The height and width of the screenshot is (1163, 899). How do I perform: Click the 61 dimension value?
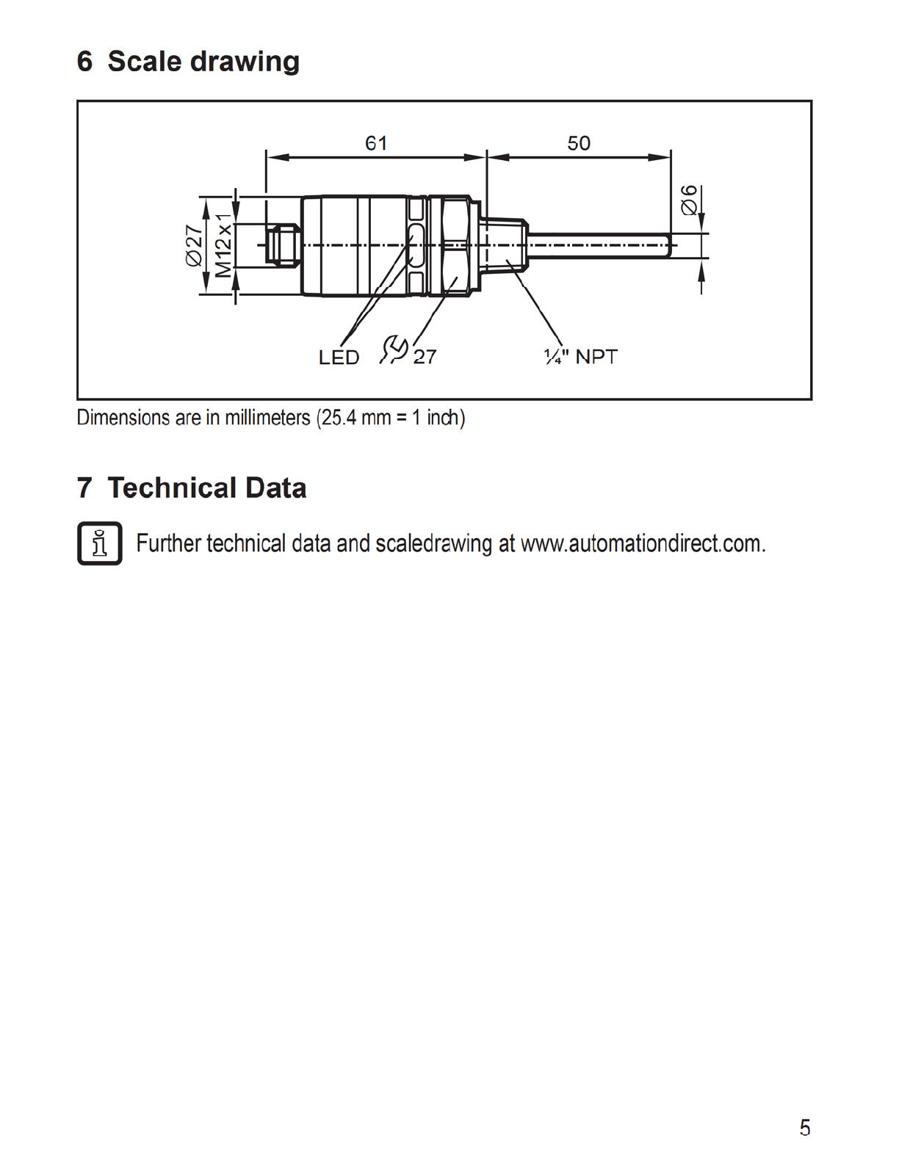(x=376, y=142)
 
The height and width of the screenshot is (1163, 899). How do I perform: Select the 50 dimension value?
(x=579, y=142)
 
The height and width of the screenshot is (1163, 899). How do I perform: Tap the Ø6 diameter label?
(x=690, y=199)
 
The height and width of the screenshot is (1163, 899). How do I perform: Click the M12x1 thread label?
(x=223, y=245)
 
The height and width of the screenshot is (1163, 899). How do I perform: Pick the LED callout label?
(x=339, y=358)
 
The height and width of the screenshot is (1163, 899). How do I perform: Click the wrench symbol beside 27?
(x=394, y=349)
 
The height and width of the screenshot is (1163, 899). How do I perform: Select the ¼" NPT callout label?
(x=580, y=357)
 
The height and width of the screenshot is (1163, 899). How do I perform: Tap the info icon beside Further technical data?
(x=99, y=543)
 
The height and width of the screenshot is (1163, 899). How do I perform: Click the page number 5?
(x=805, y=1127)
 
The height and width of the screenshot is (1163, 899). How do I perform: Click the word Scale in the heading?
(x=144, y=62)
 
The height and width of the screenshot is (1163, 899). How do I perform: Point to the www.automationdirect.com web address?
(x=643, y=544)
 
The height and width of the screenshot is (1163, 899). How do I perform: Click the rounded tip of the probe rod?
(x=668, y=245)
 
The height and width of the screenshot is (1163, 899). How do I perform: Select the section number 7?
(x=84, y=488)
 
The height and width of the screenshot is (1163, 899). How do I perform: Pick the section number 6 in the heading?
(x=84, y=62)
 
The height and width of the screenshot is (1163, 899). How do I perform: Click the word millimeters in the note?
(x=267, y=418)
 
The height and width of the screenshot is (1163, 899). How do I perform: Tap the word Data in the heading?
(x=275, y=488)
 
